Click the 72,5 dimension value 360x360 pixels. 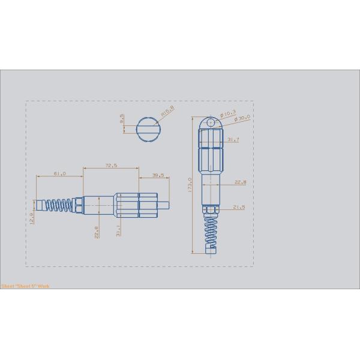[111, 164]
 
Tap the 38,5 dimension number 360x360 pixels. [158, 176]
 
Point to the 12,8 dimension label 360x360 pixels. [32, 215]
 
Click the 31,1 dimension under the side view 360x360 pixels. [117, 229]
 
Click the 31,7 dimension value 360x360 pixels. [233, 140]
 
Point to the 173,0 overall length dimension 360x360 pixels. [189, 185]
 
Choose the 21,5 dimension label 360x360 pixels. [239, 207]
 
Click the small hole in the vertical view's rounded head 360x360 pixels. [210, 122]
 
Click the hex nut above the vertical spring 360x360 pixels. [211, 209]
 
